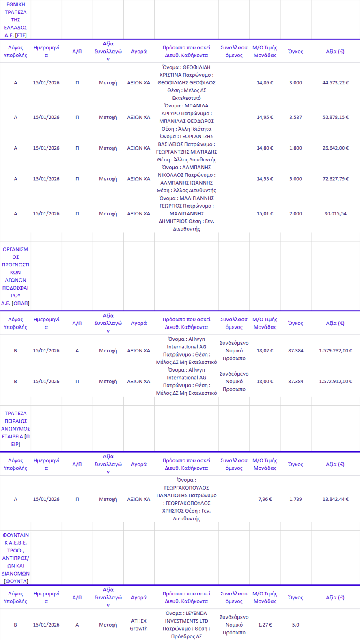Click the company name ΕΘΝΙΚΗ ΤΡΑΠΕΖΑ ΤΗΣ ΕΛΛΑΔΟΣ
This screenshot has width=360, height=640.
(15, 20)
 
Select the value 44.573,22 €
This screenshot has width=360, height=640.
(335, 83)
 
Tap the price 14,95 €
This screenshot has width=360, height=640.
(265, 118)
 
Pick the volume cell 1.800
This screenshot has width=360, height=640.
(295, 148)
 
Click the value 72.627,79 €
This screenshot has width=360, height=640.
(335, 179)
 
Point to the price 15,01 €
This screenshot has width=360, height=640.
(265, 214)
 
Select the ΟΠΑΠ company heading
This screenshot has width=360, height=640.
(15, 276)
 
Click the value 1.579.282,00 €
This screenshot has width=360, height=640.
(335, 351)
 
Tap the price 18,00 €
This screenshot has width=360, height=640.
(265, 382)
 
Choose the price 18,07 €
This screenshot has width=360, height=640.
(265, 351)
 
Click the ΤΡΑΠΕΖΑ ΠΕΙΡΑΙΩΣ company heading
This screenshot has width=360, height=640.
(15, 429)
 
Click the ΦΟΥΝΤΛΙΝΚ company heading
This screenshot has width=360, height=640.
(15, 558)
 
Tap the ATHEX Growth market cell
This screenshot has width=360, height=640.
(139, 625)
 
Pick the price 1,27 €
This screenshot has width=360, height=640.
(265, 625)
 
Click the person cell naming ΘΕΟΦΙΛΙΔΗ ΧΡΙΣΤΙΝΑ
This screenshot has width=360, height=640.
(186, 83)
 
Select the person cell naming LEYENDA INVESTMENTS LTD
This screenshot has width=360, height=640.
(186, 625)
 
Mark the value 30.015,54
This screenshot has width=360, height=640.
(335, 214)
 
